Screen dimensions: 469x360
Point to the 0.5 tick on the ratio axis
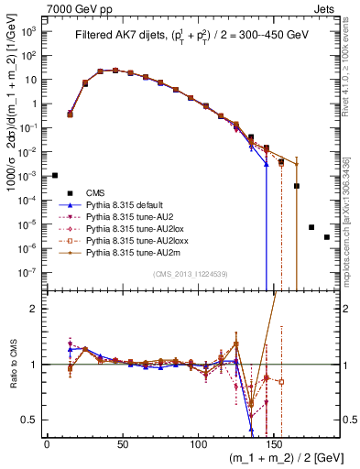31,420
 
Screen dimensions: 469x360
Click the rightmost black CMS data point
327,237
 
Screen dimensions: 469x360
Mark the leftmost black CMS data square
55,175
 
